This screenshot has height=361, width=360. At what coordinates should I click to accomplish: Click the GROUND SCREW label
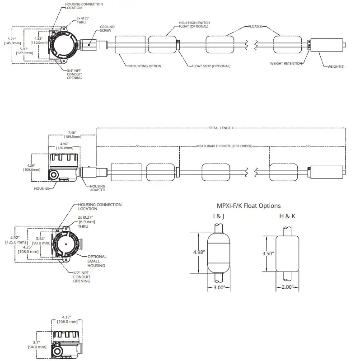[107, 28]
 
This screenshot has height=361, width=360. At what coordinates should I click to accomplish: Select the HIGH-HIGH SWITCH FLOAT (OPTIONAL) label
[194, 24]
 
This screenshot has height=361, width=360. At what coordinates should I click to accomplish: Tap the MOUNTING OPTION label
[145, 66]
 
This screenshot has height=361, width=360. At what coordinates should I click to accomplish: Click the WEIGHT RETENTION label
[286, 64]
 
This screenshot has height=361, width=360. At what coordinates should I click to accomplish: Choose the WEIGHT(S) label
[336, 66]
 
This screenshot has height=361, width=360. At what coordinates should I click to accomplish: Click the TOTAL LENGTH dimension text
[220, 128]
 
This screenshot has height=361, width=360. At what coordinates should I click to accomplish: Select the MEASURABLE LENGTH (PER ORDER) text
[224, 146]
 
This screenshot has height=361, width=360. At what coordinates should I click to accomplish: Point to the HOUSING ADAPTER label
[98, 188]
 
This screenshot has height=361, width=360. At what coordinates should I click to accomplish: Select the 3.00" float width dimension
[219, 287]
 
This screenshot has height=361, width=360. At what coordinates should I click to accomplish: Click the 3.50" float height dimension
[268, 253]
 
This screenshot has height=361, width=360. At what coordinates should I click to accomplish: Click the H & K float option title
[287, 216]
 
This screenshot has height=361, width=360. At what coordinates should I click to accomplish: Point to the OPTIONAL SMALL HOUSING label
[97, 261]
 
